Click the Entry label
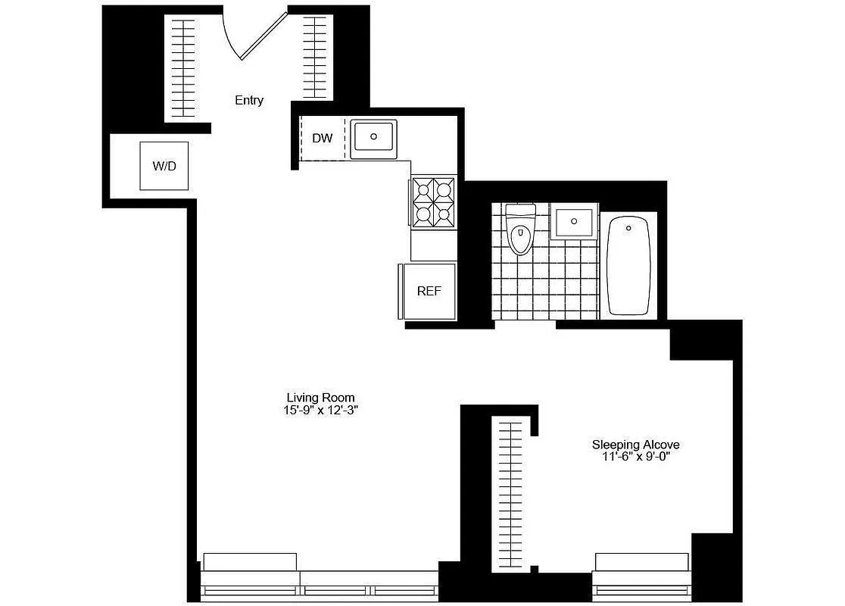249,100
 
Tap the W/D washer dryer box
164,165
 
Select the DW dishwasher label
323,138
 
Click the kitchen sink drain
373,136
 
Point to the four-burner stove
434,201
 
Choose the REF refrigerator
429,291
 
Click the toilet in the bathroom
520,231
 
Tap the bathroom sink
574,222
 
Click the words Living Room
320,398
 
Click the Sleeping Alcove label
635,445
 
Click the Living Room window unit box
251,562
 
